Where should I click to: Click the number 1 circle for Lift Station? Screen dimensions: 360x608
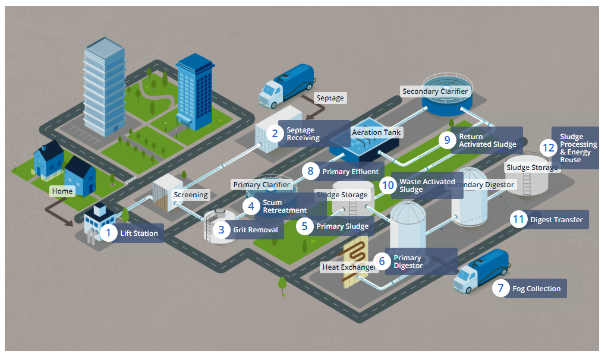coord(109,233)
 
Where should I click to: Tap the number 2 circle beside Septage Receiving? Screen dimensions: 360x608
coord(275,134)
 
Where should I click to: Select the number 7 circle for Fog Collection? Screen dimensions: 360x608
coord(501,289)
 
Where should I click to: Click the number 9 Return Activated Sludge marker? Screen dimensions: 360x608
coord(448,140)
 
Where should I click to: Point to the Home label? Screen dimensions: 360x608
coord(62,191)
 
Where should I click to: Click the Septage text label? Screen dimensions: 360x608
coord(330,98)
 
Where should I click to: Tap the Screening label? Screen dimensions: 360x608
coord(191,194)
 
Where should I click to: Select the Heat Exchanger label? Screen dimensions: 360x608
coord(348,267)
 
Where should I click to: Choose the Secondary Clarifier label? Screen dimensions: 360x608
coord(435,91)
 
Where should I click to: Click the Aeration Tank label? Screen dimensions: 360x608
coord(377,132)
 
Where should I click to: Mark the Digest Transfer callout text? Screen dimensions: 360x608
coord(556,220)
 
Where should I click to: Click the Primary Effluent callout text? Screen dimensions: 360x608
coord(350,172)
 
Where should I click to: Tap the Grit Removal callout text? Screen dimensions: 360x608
coord(256,230)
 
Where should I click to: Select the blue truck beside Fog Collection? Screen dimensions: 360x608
coord(480,273)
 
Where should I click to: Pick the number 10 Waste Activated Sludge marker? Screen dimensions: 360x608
coord(388,185)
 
